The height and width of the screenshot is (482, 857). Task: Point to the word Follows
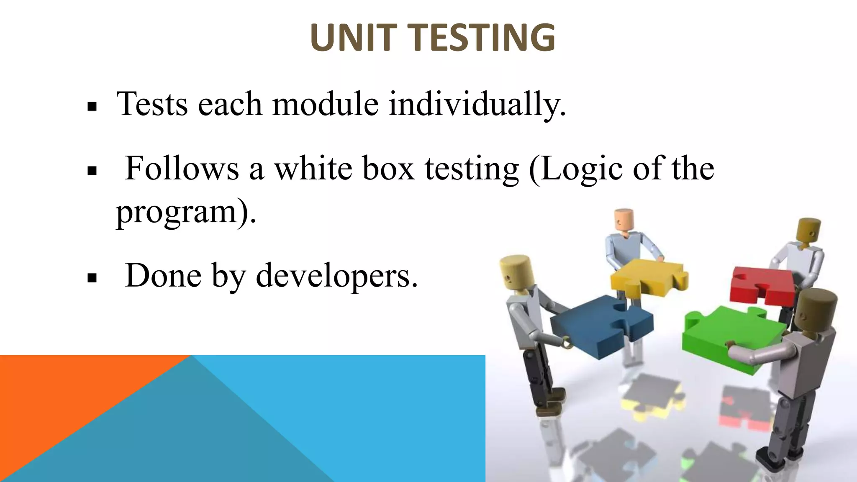[182, 168]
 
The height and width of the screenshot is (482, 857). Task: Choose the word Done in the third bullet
[163, 276]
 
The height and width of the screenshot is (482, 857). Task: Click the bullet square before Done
[92, 278]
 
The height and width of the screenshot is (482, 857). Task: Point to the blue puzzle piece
[598, 324]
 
